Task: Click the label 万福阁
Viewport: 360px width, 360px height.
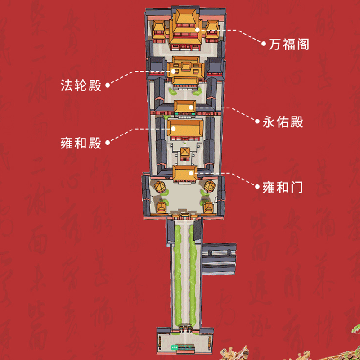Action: [x=289, y=45]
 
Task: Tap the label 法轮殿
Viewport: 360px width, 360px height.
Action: [x=81, y=85]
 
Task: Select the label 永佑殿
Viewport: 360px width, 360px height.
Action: [x=283, y=122]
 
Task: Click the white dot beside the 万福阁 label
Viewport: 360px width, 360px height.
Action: [x=264, y=44]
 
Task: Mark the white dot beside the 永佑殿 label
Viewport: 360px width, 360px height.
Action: [x=257, y=121]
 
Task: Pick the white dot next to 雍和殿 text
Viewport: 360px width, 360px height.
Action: [x=107, y=143]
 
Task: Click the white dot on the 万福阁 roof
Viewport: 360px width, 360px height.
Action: [x=197, y=30]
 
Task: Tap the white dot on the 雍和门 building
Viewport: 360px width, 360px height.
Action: [x=191, y=172]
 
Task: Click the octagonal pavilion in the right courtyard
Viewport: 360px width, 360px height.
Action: [x=208, y=186]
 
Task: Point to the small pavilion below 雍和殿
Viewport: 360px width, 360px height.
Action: [x=185, y=153]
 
